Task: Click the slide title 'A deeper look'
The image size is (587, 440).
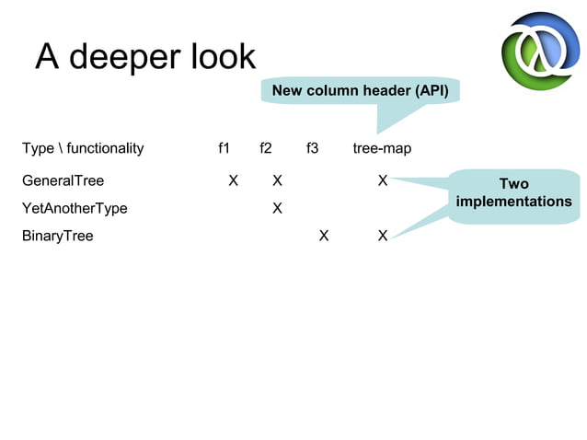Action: pos(145,57)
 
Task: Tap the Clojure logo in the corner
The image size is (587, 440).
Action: pos(540,52)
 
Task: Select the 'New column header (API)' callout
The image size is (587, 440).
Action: pos(360,91)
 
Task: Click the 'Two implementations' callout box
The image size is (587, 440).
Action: pos(513,193)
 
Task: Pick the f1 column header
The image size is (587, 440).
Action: pos(224,148)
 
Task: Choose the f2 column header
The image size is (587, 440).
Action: pos(265,148)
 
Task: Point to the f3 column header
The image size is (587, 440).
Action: pos(312,148)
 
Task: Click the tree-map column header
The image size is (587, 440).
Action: pos(382,148)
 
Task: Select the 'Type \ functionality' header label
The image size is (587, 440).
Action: pos(83,148)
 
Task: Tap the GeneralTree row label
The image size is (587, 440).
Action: pos(63,180)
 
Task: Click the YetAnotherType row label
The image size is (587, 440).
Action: pos(75,208)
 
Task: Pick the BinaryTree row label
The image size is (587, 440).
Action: pos(57,236)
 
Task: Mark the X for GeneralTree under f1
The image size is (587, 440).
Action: pos(234,180)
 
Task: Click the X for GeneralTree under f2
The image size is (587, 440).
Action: pos(277,180)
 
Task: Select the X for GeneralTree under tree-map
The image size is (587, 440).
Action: pos(383,180)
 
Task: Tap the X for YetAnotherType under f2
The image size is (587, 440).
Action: pos(277,208)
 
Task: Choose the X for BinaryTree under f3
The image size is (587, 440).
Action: pos(323,236)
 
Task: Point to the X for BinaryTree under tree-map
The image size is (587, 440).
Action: pos(383,236)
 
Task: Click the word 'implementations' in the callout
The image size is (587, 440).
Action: pos(513,202)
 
